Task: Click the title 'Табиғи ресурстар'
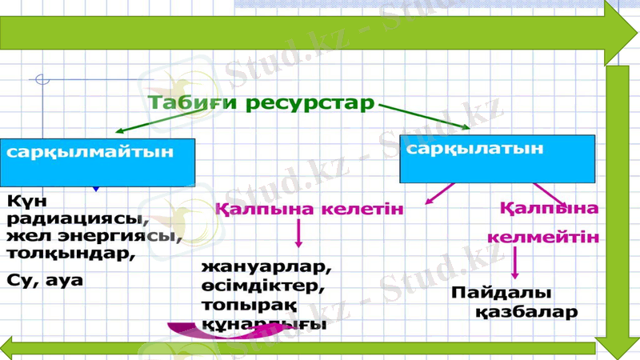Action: click(261, 103)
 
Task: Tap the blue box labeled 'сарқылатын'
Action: click(496, 158)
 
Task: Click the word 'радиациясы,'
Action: click(76, 218)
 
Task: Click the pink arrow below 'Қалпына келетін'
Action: click(299, 234)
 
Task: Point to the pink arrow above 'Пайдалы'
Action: click(514, 262)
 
